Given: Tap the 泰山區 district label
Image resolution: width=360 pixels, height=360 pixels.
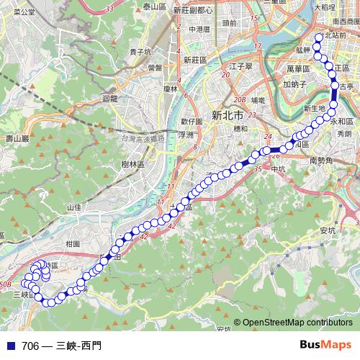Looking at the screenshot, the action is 155,6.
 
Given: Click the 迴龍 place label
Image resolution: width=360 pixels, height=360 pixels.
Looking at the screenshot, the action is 110,98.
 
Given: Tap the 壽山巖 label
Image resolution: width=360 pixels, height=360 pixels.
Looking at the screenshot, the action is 15,138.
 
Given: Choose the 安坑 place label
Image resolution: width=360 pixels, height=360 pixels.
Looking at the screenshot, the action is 327,230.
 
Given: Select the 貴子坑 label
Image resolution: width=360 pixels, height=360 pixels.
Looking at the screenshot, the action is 139,52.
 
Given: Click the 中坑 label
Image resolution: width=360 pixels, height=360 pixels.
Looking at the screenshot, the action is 278,169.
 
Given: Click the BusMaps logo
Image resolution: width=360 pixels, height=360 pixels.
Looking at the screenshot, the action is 325,346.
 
